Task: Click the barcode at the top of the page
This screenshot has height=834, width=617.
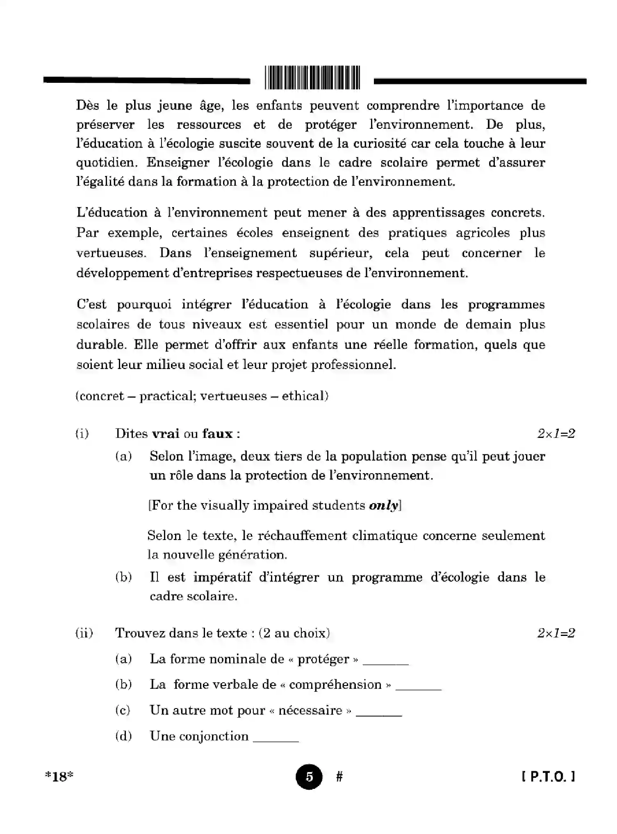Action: pyautogui.click(x=312, y=77)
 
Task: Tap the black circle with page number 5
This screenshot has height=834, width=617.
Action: pyautogui.click(x=309, y=777)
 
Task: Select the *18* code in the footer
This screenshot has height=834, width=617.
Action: pyautogui.click(x=59, y=777)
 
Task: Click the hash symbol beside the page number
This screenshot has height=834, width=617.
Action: pyautogui.click(x=339, y=776)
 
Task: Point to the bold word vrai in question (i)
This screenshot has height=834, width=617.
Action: pyautogui.click(x=166, y=433)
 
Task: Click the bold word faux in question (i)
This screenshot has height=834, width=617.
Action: pyautogui.click(x=217, y=433)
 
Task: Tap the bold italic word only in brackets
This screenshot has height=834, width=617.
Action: pyautogui.click(x=383, y=506)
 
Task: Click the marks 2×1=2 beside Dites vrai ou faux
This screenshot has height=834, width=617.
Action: pyautogui.click(x=556, y=433)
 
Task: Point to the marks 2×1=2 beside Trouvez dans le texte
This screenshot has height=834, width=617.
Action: pyautogui.click(x=556, y=633)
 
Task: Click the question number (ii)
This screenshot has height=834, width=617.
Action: pyautogui.click(x=84, y=633)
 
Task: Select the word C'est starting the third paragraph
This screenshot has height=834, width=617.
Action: pyautogui.click(x=91, y=305)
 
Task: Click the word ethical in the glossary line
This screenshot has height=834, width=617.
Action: pyautogui.click(x=305, y=396)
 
